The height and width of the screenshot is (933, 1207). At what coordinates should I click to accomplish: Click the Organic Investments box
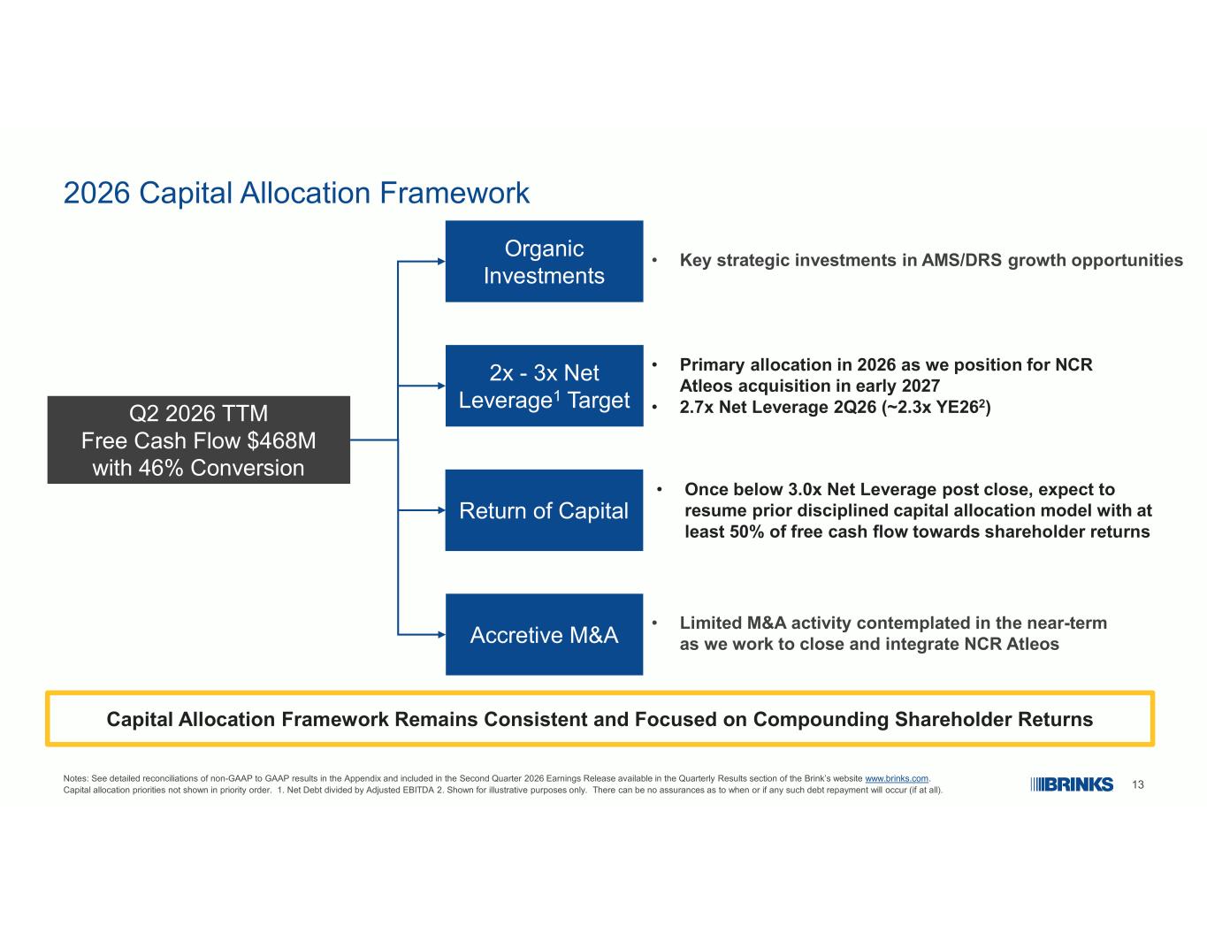pyautogui.click(x=544, y=261)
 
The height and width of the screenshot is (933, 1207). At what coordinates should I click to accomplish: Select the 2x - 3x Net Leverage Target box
pyautogui.click(x=544, y=386)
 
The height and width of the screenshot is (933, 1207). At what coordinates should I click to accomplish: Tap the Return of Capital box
pyautogui.click(x=544, y=509)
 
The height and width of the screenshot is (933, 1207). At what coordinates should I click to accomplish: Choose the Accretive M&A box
pyautogui.click(x=544, y=634)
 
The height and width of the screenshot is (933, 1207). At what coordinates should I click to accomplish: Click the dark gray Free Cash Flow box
pyautogui.click(x=198, y=440)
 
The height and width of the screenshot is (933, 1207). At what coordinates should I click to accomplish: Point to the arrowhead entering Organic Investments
pyautogui.click(x=441, y=261)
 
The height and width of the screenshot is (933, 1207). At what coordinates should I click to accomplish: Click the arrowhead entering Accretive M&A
pyautogui.click(x=441, y=634)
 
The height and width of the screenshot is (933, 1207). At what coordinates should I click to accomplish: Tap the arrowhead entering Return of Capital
pyautogui.click(x=441, y=509)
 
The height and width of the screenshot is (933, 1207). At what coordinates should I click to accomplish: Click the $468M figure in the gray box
pyautogui.click(x=281, y=440)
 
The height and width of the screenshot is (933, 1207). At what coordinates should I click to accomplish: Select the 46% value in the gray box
pyautogui.click(x=161, y=468)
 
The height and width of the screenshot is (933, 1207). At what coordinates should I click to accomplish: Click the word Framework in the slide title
pyautogui.click(x=455, y=194)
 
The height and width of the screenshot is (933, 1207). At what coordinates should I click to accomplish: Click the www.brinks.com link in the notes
pyautogui.click(x=897, y=778)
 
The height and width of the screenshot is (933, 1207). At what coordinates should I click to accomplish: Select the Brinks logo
pyautogui.click(x=1072, y=784)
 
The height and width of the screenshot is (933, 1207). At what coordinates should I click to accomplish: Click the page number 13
pyautogui.click(x=1137, y=784)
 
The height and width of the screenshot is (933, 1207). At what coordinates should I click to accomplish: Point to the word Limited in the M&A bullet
pyautogui.click(x=711, y=623)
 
